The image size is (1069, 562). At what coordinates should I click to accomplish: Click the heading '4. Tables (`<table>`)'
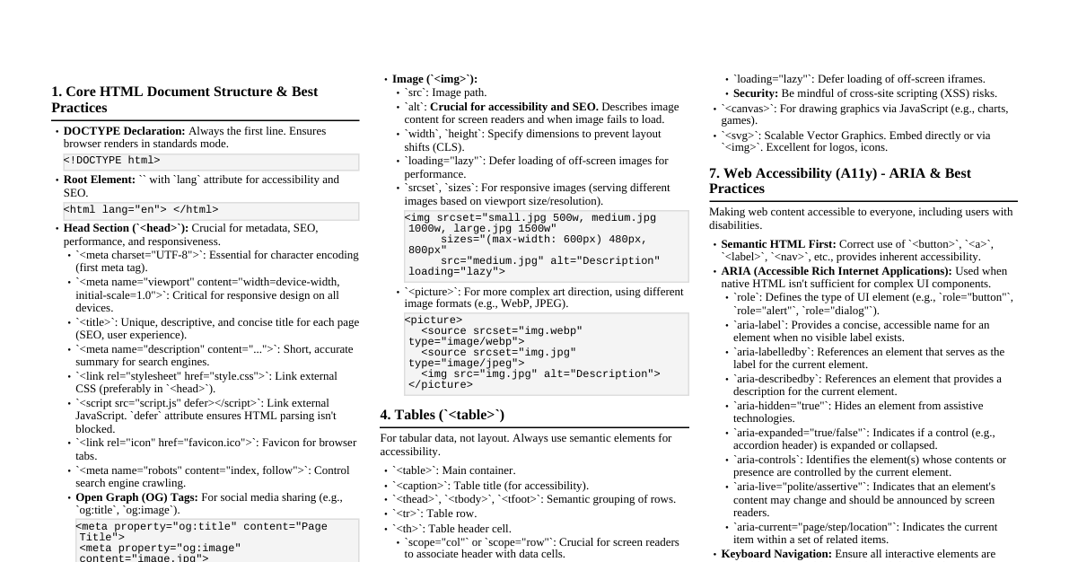pyautogui.click(x=442, y=415)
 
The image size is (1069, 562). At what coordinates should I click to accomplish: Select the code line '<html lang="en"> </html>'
pyautogui.click(x=141, y=210)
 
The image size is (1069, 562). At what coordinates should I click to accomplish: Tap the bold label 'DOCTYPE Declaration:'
pyautogui.click(x=124, y=131)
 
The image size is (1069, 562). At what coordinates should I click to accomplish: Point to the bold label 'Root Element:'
pyautogui.click(x=100, y=180)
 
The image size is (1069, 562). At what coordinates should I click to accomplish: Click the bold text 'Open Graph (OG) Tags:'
pyautogui.click(x=136, y=497)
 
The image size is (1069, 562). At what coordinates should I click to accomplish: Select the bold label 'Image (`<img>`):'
pyautogui.click(x=434, y=79)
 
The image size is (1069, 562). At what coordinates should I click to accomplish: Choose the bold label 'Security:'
pyautogui.click(x=755, y=93)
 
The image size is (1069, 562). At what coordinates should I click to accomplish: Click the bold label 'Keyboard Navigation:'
pyautogui.click(x=776, y=555)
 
